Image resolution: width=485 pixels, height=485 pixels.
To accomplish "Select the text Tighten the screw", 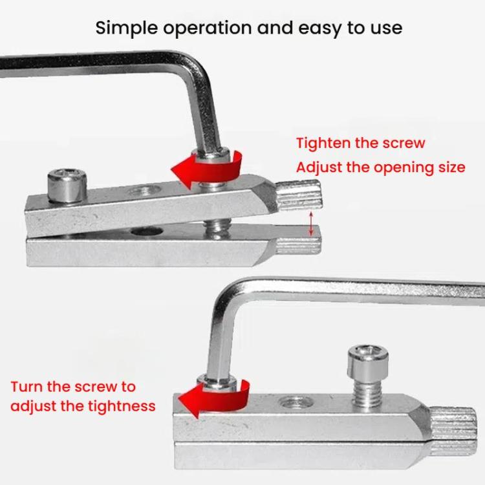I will pos(361,143).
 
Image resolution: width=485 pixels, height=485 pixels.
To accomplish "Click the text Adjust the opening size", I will pos(380,167).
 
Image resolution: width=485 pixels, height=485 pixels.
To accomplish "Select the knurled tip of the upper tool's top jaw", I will pos(298,195).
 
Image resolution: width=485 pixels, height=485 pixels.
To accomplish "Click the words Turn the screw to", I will pos(73,387).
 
